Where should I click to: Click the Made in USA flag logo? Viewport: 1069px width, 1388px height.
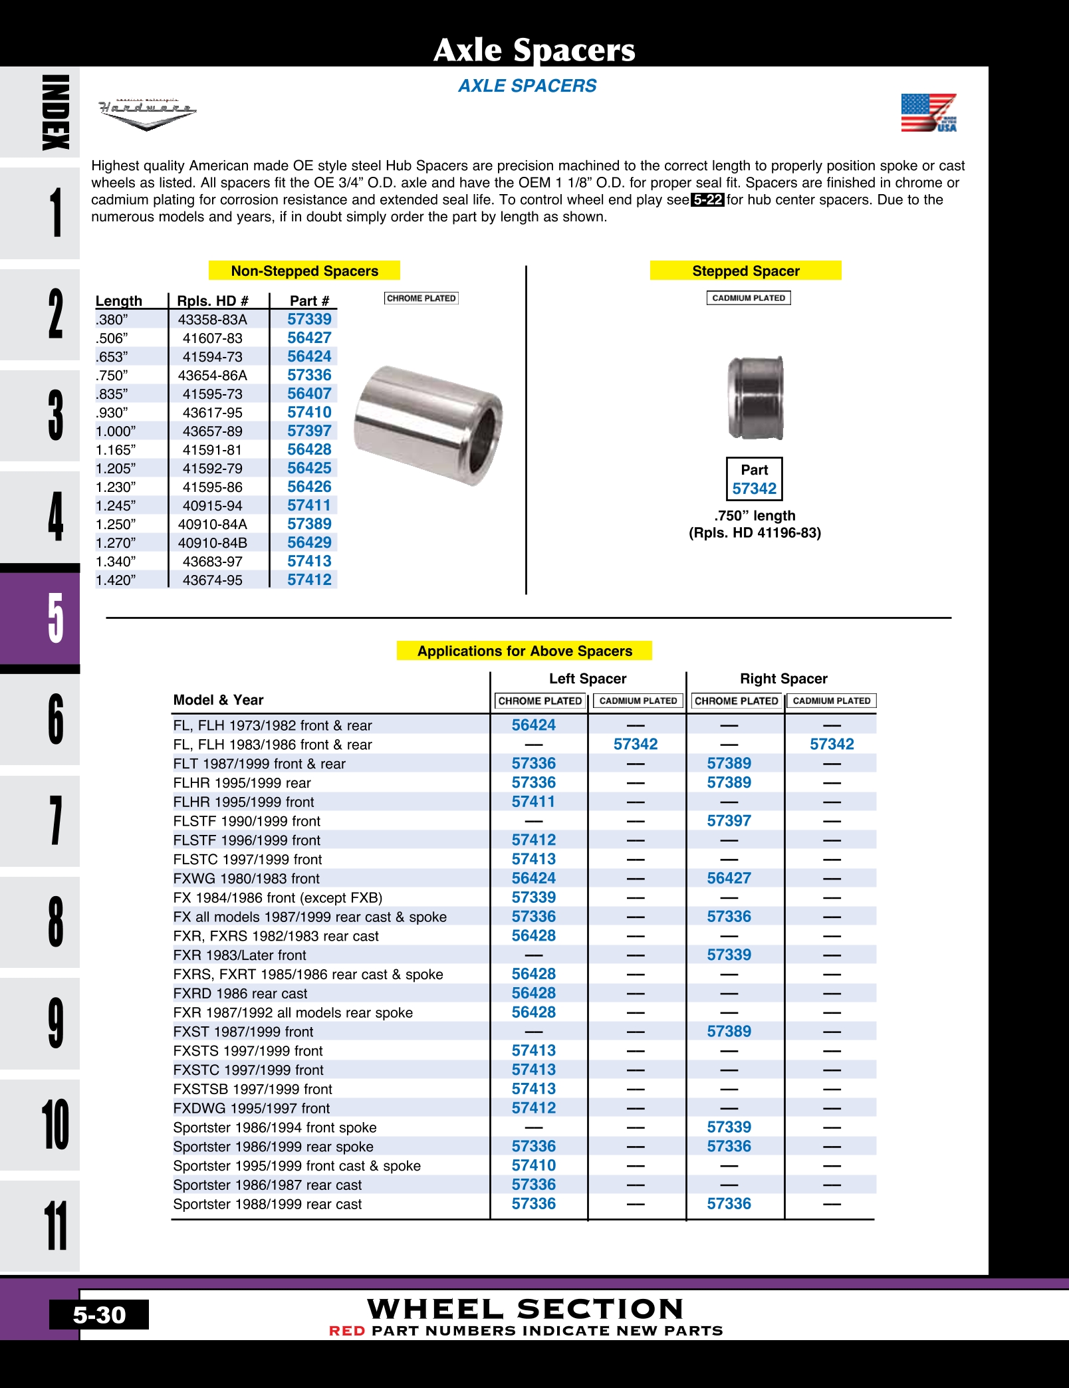pyautogui.click(x=929, y=112)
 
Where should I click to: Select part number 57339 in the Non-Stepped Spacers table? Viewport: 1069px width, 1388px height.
pyautogui.click(x=309, y=319)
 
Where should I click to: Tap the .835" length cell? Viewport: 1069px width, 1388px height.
pyautogui.click(x=112, y=394)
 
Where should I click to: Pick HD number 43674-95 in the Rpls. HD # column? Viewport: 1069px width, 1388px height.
pyautogui.click(x=213, y=580)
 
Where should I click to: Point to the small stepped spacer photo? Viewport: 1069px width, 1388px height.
pyautogui.click(x=755, y=398)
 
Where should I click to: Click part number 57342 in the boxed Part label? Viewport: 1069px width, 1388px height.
pyautogui.click(x=754, y=489)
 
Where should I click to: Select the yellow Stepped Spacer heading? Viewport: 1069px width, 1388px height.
pyautogui.click(x=745, y=271)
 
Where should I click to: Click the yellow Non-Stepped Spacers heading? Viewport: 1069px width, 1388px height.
pyautogui.click(x=304, y=271)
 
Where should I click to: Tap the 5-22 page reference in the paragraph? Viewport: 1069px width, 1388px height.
pyautogui.click(x=707, y=199)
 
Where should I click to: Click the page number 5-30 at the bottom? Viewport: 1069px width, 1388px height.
pyautogui.click(x=99, y=1315)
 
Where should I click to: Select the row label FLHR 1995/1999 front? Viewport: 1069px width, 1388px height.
pyautogui.click(x=243, y=802)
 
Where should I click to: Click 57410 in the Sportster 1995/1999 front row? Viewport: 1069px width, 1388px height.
pyautogui.click(x=533, y=1165)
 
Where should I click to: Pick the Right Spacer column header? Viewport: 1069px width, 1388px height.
pyautogui.click(x=783, y=679)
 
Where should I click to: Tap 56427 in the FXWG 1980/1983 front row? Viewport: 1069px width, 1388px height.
pyautogui.click(x=729, y=878)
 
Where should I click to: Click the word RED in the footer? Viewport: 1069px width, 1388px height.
pyautogui.click(x=347, y=1331)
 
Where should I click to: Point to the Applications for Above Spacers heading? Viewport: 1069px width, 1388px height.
pyautogui.click(x=525, y=651)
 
